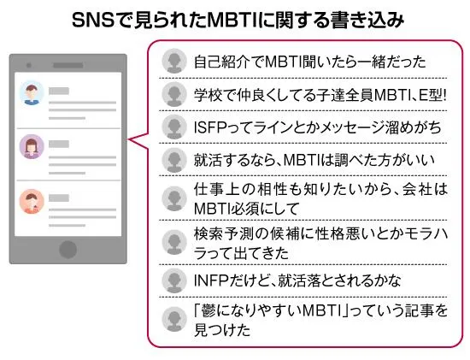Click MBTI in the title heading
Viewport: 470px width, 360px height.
coord(232,21)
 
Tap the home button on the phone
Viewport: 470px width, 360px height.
coord(68,250)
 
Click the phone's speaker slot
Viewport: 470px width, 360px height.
coord(68,65)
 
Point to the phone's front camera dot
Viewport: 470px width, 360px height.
coord(29,65)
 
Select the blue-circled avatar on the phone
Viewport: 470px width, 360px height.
coord(32,92)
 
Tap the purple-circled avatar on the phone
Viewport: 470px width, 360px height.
coord(32,146)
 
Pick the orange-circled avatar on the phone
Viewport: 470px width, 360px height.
coord(32,201)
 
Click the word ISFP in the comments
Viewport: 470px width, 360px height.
coord(210,127)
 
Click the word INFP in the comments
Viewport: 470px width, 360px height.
coord(211,280)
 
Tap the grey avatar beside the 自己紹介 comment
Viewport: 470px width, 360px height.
coord(174,61)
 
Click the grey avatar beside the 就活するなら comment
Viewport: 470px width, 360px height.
coord(174,160)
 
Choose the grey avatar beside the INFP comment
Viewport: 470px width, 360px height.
coord(174,280)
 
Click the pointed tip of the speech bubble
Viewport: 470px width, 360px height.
coord(128,139)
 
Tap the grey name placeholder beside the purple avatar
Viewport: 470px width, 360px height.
coord(59,145)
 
